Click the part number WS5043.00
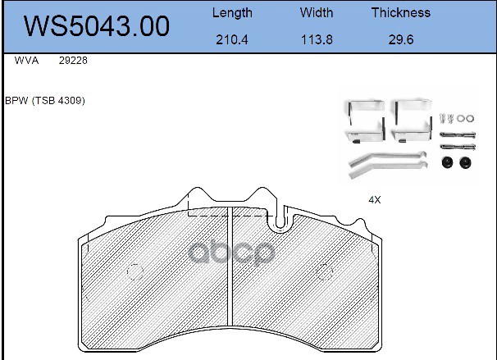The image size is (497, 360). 97,25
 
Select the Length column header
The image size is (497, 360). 232,13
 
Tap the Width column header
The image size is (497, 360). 317,12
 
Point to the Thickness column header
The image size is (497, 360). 401,12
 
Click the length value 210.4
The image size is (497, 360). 232,39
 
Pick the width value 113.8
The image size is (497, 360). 317,39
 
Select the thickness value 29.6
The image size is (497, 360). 401,39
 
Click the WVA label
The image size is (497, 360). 26,60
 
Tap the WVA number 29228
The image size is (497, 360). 73,60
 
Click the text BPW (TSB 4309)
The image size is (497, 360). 45,101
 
